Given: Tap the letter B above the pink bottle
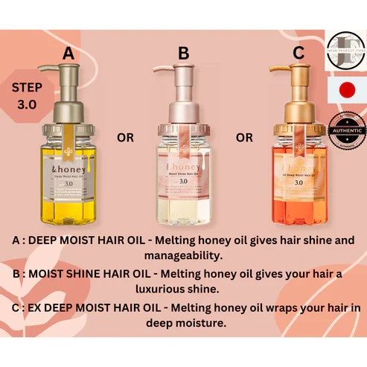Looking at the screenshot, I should coord(183,54).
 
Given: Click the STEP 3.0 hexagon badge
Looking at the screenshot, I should coord(27,96).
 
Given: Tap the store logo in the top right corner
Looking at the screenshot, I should coord(346,46).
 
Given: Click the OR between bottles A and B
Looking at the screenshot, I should coord(126,138).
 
